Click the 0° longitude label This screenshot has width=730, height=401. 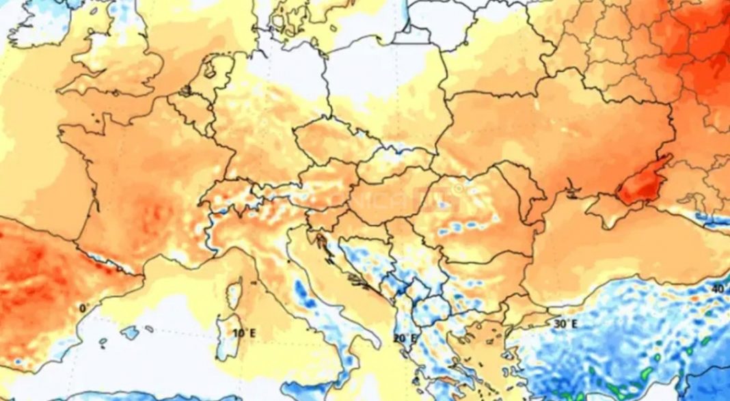click(84, 308)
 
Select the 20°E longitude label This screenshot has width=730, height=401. click(405, 338)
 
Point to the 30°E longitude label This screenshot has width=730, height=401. click(565, 323)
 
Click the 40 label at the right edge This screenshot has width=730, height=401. click(717, 289)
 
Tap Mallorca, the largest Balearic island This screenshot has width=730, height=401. click(130, 333)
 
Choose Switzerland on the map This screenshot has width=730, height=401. click(229, 198)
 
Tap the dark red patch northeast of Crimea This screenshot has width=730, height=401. click(643, 181)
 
